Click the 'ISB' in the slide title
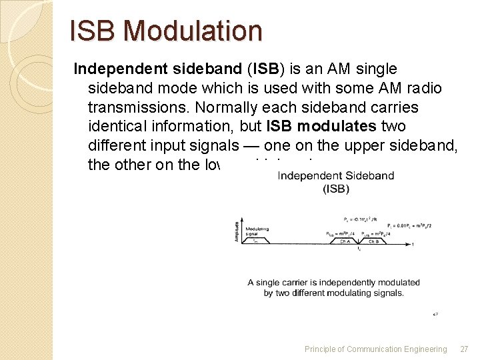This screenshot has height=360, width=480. pos(94,31)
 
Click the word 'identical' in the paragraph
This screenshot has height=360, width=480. pos(117,127)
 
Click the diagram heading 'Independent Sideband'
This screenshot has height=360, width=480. pos(335,176)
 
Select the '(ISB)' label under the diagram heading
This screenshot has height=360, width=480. pos(335,189)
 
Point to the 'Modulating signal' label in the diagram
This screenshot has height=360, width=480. pos(257,231)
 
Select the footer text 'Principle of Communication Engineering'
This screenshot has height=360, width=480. pos(375,349)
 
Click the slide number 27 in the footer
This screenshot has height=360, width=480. pos(464,349)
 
